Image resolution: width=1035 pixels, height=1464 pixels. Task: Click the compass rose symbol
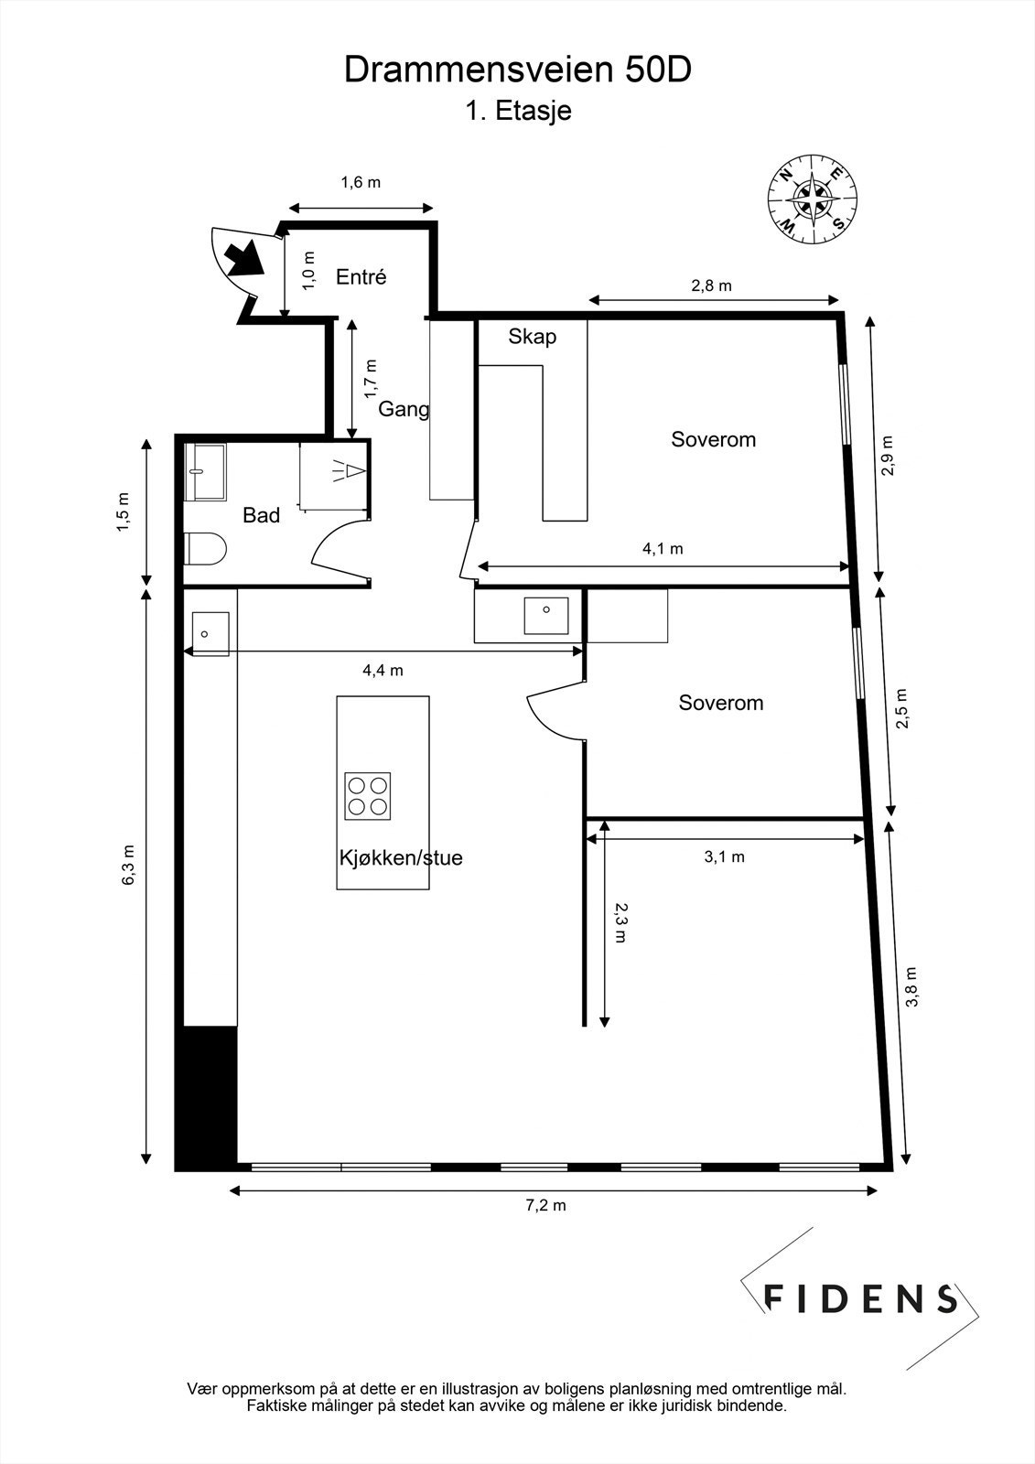tap(812, 199)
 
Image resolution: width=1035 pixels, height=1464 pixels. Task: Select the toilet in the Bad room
tap(205, 548)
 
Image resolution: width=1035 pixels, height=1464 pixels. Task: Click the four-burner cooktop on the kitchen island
tap(368, 796)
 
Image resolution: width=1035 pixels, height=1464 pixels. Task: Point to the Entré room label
tap(361, 277)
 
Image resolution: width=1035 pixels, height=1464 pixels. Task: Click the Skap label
tap(533, 337)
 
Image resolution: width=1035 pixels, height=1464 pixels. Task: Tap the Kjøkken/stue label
tap(401, 857)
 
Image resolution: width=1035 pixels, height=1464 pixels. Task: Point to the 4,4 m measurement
tap(383, 670)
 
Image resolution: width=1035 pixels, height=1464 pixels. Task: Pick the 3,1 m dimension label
tap(725, 856)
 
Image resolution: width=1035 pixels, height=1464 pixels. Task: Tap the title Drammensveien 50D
tap(517, 70)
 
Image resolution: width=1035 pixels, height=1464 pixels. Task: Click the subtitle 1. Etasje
tap(518, 111)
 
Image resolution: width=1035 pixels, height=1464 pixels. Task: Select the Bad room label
tap(261, 515)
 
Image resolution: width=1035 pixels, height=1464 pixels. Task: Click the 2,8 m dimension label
tap(711, 285)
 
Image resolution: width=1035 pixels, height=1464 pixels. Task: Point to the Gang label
tap(404, 409)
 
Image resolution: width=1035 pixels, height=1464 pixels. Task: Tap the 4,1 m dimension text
tap(663, 548)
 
